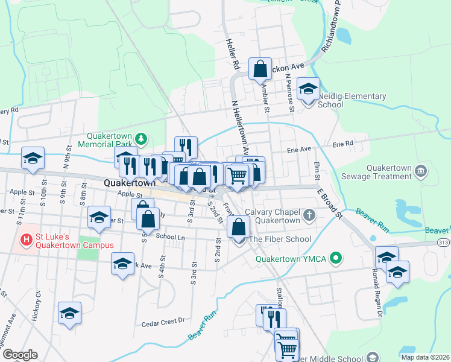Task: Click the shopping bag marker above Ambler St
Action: click(260, 70)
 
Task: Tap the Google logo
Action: click(19, 355)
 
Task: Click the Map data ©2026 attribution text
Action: click(424, 357)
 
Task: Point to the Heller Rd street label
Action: click(232, 54)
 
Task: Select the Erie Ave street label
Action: click(298, 149)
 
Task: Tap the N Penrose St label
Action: click(290, 93)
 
